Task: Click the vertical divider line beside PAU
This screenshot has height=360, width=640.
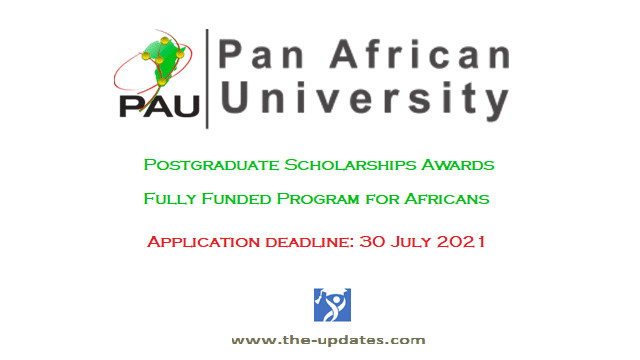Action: [x=207, y=78]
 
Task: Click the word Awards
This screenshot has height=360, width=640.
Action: [x=459, y=162]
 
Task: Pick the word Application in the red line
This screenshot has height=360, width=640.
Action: [x=201, y=242]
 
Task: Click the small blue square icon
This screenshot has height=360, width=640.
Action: [x=327, y=302]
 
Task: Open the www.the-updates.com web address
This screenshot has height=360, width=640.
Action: [x=327, y=340]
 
